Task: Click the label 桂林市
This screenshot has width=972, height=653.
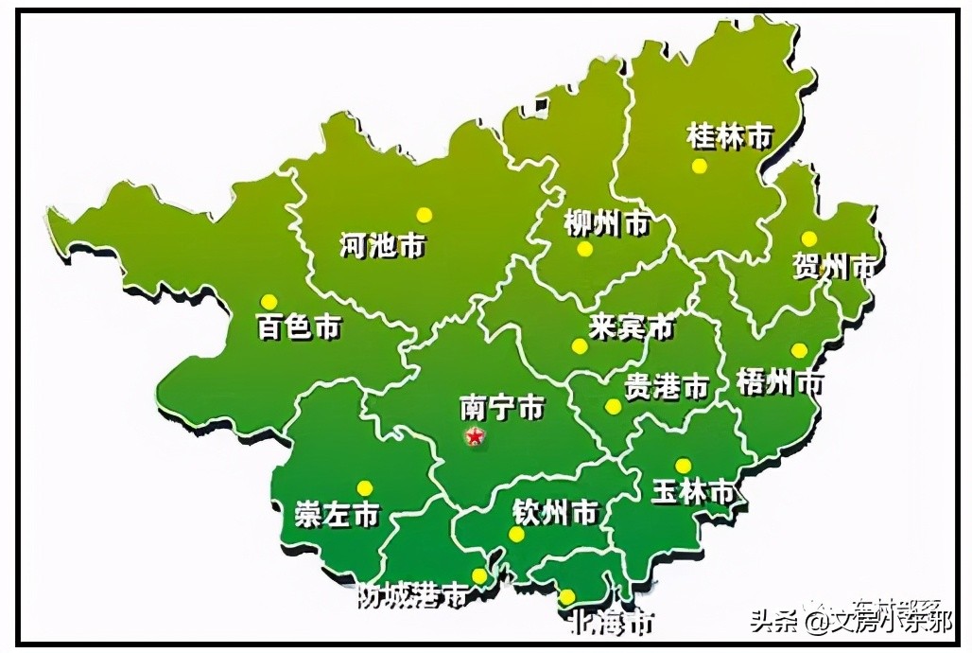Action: (x=729, y=136)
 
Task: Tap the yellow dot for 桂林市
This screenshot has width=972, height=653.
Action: (x=699, y=167)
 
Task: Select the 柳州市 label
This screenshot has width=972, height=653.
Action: (x=606, y=224)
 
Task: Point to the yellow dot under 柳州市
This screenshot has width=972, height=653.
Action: (x=584, y=249)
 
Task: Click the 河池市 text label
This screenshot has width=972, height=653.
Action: (x=382, y=246)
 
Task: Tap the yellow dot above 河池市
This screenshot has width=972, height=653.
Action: (x=425, y=215)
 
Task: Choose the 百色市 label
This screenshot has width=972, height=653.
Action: (x=299, y=327)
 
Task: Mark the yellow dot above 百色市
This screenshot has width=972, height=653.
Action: (x=269, y=301)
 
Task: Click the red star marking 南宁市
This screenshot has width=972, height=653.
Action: (x=474, y=435)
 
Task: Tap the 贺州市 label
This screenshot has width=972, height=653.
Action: (x=835, y=267)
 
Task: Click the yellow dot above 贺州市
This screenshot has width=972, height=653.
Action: (x=808, y=238)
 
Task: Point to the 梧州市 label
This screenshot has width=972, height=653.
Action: (x=779, y=382)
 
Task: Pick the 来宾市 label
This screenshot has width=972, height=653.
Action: (x=631, y=327)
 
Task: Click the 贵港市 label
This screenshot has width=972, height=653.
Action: (x=667, y=386)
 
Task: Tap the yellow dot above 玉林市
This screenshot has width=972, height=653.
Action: (x=683, y=466)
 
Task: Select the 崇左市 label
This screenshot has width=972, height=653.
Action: (x=337, y=514)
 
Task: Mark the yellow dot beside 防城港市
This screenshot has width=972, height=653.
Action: (x=479, y=576)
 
